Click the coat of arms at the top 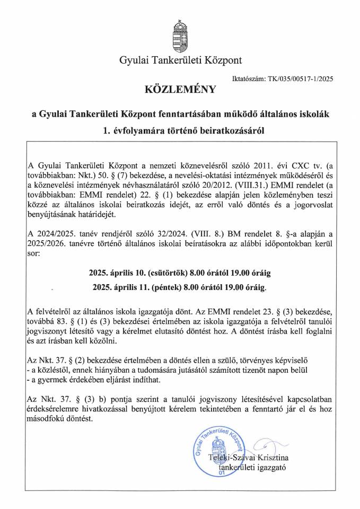180,35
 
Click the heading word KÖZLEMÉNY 180,90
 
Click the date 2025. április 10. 113,274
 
